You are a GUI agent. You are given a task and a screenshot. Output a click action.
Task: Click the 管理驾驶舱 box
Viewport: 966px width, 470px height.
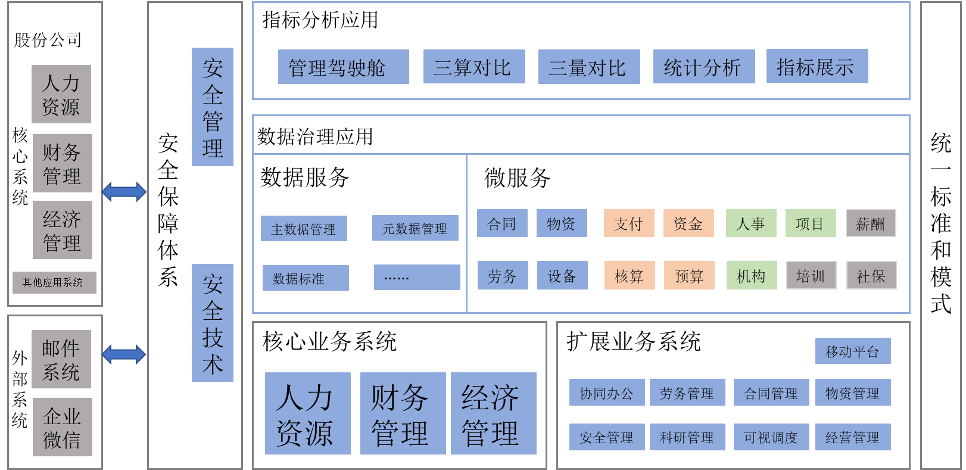pyautogui.click(x=343, y=67)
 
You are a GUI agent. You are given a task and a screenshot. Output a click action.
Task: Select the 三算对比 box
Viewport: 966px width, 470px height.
pyautogui.click(x=473, y=67)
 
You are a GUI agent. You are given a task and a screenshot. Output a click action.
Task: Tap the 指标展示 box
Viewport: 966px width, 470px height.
pyautogui.click(x=817, y=66)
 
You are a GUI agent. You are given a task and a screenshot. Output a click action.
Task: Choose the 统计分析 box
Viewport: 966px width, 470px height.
pyautogui.click(x=703, y=67)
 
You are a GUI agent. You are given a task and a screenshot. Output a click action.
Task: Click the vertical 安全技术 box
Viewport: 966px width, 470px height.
pyautogui.click(x=213, y=323)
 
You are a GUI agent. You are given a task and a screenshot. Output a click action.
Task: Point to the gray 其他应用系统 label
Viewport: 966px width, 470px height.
pyautogui.click(x=54, y=282)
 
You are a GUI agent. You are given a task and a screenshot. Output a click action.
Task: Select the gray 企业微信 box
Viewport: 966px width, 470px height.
pyautogui.click(x=62, y=427)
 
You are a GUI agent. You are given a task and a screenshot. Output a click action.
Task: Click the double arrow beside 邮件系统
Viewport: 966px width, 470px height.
pyautogui.click(x=124, y=354)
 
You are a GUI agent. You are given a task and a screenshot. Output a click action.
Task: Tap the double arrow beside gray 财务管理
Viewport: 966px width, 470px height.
pyautogui.click(x=124, y=192)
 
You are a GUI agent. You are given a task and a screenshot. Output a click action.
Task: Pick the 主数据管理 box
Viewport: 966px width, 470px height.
pyautogui.click(x=304, y=229)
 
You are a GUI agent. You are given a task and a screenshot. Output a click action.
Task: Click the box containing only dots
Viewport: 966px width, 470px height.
pyautogui.click(x=417, y=278)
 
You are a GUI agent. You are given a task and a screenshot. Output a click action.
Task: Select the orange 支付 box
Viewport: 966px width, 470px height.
pyautogui.click(x=629, y=223)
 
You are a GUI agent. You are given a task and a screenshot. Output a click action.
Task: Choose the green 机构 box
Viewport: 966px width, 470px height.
pyautogui.click(x=752, y=275)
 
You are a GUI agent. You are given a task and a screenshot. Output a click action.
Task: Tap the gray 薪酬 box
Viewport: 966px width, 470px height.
pyautogui.click(x=871, y=223)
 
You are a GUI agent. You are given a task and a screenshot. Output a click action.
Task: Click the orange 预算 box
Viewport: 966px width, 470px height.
pyautogui.click(x=689, y=275)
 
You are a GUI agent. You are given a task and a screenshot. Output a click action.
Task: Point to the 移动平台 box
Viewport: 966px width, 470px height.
pyautogui.click(x=853, y=351)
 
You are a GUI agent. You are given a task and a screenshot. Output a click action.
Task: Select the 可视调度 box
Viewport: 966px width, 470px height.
pyautogui.click(x=771, y=437)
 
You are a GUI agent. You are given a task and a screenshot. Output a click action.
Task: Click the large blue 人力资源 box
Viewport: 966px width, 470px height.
pyautogui.click(x=307, y=413)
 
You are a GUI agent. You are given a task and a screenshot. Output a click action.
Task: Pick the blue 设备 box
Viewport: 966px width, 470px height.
pyautogui.click(x=562, y=275)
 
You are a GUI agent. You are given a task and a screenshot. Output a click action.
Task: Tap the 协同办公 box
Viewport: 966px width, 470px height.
pyautogui.click(x=607, y=393)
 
